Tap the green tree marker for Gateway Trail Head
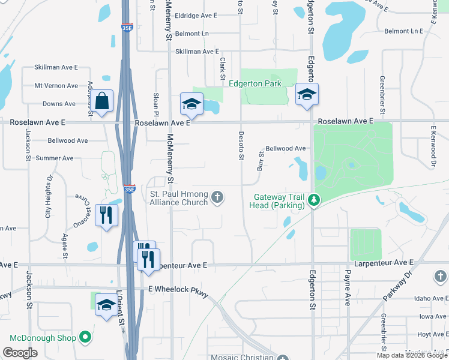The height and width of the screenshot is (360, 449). click(313, 199)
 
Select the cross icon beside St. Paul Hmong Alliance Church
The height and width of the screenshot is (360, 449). click(218, 196)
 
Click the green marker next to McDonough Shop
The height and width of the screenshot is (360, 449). click(85, 338)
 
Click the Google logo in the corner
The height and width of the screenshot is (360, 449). click(20, 353)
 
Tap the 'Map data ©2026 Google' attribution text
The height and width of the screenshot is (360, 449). click(412, 355)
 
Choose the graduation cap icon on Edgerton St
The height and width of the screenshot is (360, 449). click(307, 94)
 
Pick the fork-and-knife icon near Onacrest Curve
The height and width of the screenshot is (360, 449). click(107, 215)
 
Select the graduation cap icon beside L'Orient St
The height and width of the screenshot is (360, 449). click(106, 305)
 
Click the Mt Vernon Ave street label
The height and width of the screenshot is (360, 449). click(56, 86)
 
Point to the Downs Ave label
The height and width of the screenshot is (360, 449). click(59, 104)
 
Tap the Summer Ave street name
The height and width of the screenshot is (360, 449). click(55, 158)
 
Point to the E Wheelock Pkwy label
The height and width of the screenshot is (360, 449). click(178, 289)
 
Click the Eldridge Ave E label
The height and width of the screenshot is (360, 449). click(196, 16)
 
